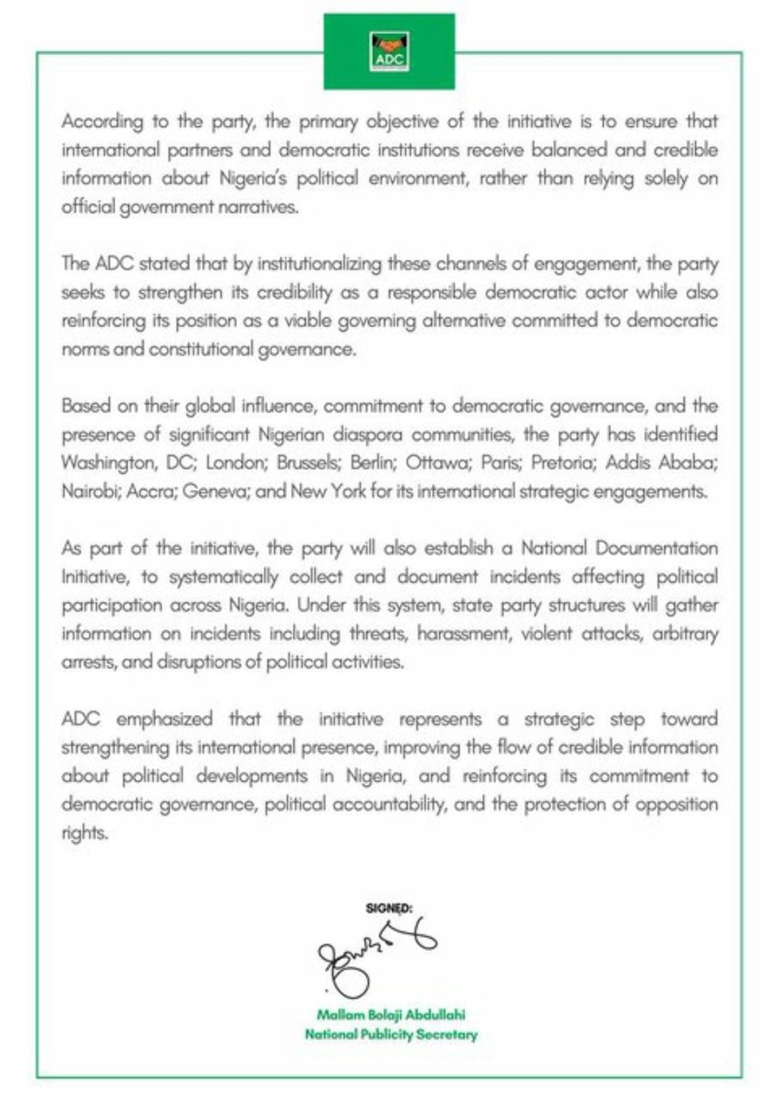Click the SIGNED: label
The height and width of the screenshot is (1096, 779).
tap(389, 909)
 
